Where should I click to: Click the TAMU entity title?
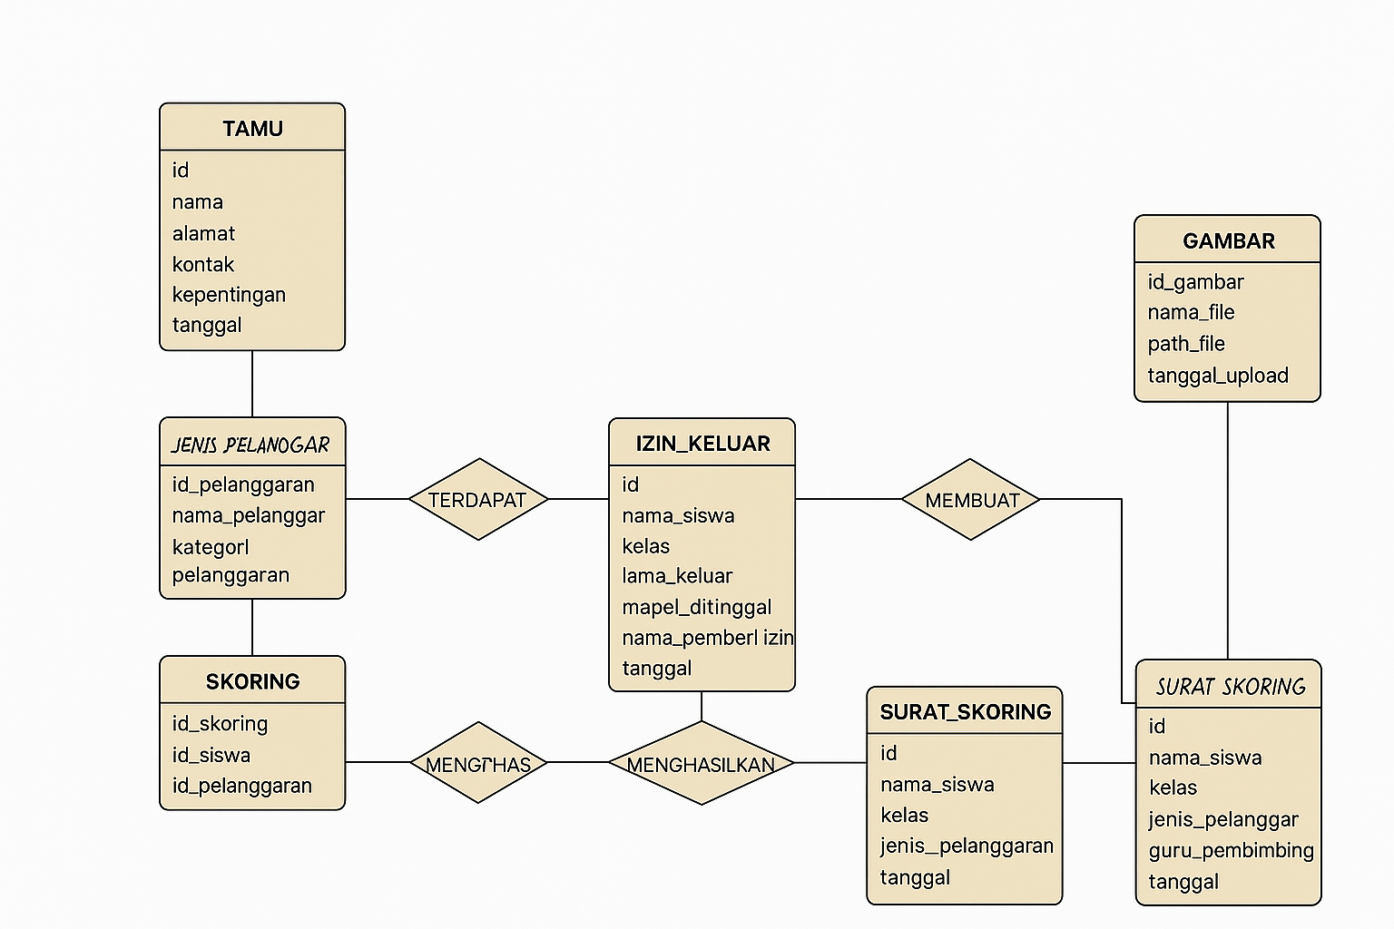(x=252, y=129)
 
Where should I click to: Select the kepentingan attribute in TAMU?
(x=229, y=295)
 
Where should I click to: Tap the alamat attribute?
(x=203, y=234)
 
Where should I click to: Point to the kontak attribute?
(x=203, y=265)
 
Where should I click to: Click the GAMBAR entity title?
(x=1228, y=241)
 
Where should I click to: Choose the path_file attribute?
(x=1185, y=344)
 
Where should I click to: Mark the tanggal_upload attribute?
(x=1217, y=376)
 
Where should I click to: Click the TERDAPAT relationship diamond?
(x=478, y=500)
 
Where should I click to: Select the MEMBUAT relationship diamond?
(x=971, y=500)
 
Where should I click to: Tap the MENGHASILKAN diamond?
(x=701, y=764)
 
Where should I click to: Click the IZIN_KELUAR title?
(x=702, y=444)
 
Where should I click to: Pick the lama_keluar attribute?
(x=677, y=576)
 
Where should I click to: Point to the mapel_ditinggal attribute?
(x=696, y=607)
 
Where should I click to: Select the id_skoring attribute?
(x=220, y=724)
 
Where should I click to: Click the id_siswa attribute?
(x=211, y=755)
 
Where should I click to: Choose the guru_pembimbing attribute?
(x=1231, y=851)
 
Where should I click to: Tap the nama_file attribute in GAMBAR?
(x=1191, y=313)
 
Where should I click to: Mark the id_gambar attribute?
(x=1195, y=282)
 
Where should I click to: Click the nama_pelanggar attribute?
(x=248, y=515)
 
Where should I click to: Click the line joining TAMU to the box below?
(x=252, y=384)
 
